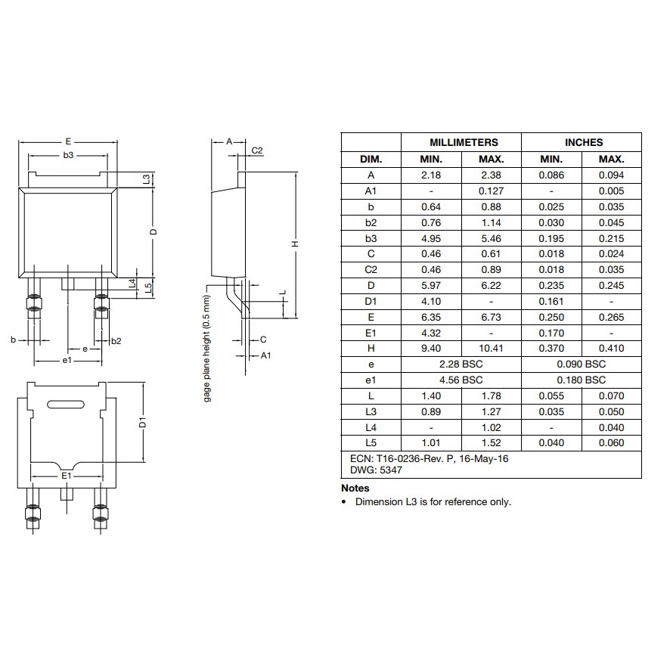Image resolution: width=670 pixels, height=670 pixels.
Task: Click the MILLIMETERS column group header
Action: click(x=464, y=142)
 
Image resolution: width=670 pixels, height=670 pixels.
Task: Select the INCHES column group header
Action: click(x=584, y=142)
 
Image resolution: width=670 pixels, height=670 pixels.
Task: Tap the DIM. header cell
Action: click(x=371, y=160)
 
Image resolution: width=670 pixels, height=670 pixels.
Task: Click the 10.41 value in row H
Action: click(x=491, y=349)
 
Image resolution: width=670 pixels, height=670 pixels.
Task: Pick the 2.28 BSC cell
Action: click(x=461, y=364)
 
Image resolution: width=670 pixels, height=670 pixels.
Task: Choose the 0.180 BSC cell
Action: click(x=581, y=380)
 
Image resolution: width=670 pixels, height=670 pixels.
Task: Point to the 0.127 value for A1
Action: click(x=491, y=191)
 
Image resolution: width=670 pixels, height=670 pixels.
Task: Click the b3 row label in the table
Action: click(x=371, y=238)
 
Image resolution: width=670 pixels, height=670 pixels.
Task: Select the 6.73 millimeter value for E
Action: click(x=491, y=317)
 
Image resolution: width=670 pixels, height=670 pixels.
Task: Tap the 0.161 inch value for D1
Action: click(x=551, y=301)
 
